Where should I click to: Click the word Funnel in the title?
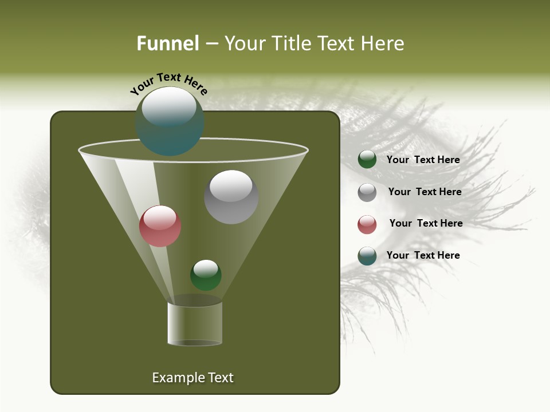click(x=167, y=43)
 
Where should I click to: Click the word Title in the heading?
click(x=290, y=43)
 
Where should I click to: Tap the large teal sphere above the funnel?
click(x=170, y=121)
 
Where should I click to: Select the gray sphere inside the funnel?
click(x=231, y=197)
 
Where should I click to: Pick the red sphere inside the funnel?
click(x=160, y=226)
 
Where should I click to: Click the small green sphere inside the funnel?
click(x=206, y=275)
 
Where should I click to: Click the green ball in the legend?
click(x=367, y=160)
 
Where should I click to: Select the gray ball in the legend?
click(x=367, y=192)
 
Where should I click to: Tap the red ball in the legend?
click(x=367, y=224)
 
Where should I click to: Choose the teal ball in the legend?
click(x=367, y=256)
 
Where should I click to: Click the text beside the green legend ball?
click(x=423, y=160)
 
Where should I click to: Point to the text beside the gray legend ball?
click(x=425, y=192)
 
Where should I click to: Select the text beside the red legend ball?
click(x=426, y=223)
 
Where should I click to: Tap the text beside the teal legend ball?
click(x=423, y=255)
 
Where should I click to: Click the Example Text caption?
click(x=192, y=378)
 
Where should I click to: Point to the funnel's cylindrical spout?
click(x=195, y=323)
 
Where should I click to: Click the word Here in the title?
click(x=385, y=43)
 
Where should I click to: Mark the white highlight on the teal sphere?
click(x=169, y=106)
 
